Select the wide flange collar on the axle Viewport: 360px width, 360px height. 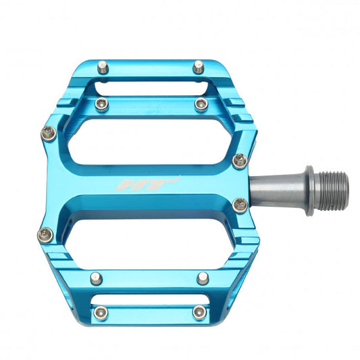(x=309, y=190)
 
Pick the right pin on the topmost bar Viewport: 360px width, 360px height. (x=198, y=66)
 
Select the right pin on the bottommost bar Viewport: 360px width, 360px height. (x=199, y=311)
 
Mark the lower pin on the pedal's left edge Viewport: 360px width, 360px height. (x=45, y=234)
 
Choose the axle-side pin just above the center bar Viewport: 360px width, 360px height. (x=240, y=159)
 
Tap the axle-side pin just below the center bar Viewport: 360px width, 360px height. (x=240, y=203)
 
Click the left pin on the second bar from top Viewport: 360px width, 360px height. (x=102, y=103)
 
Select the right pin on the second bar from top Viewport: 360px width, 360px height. (x=201, y=103)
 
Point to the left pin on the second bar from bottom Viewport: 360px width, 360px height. (x=95, y=277)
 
